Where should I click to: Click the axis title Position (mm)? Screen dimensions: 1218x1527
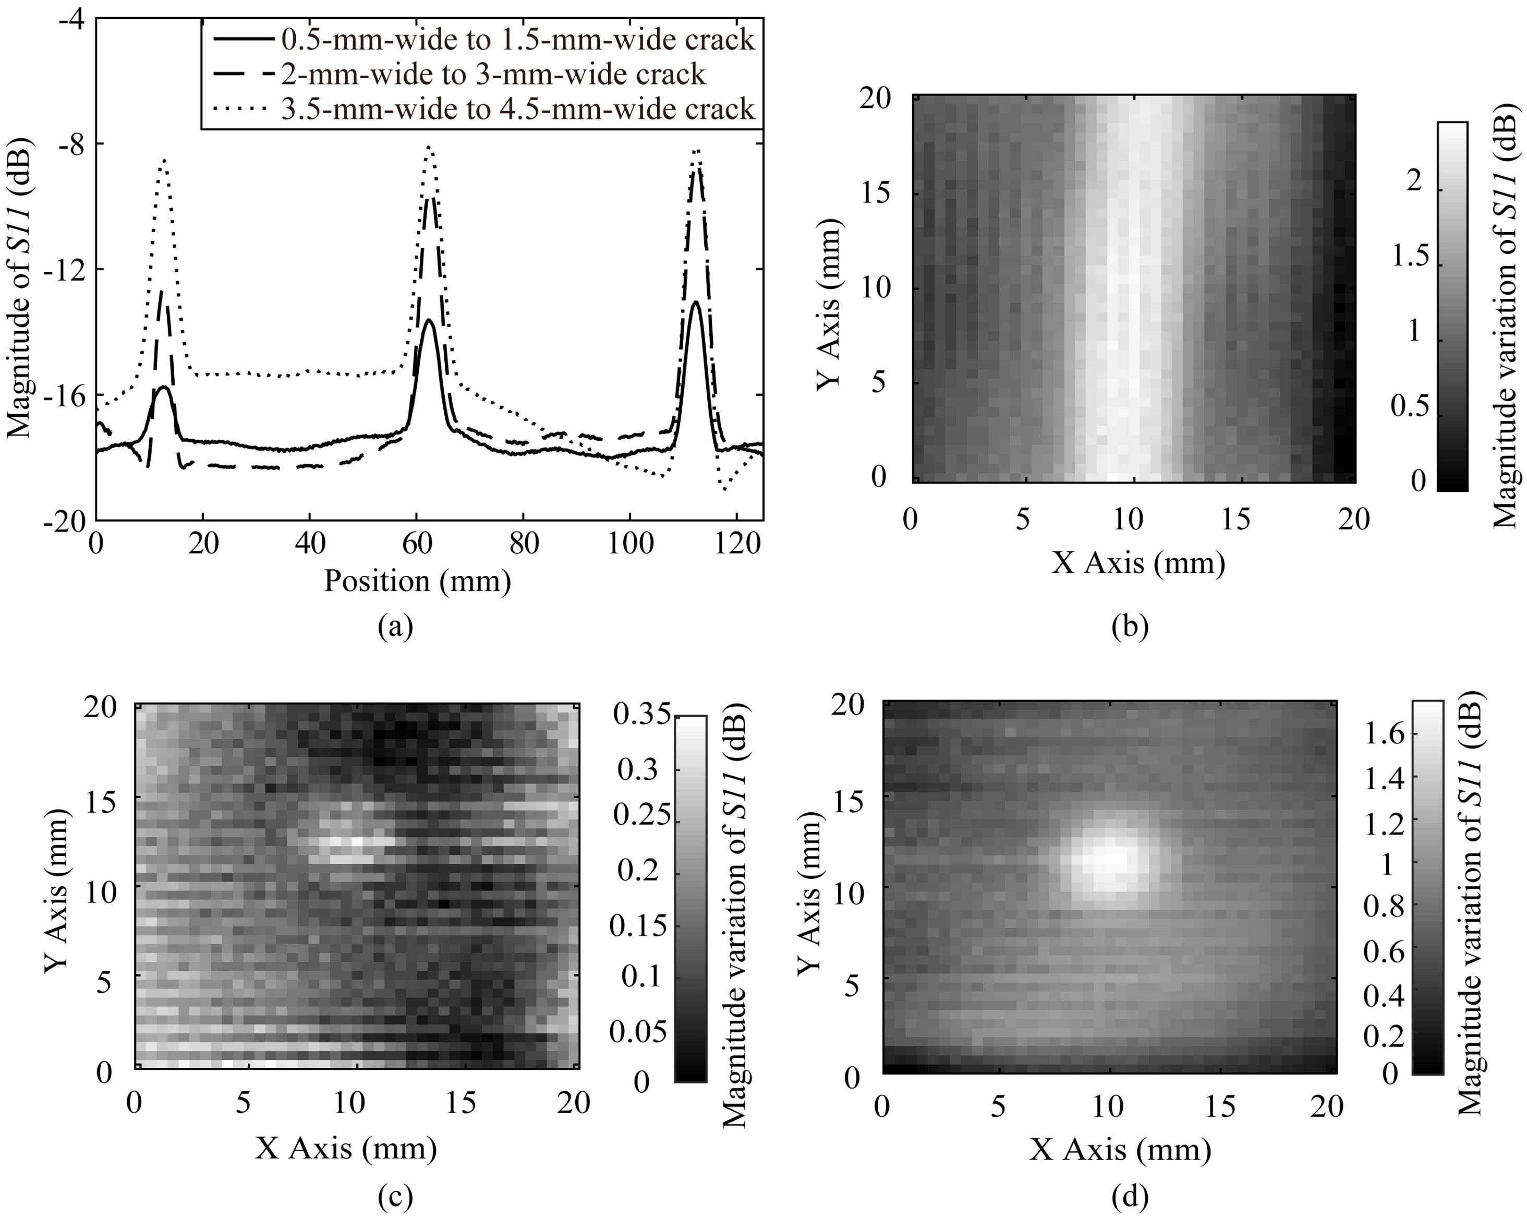coord(417,581)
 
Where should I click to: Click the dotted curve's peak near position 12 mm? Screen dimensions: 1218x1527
coord(164,160)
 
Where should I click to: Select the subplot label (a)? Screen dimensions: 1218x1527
coord(395,626)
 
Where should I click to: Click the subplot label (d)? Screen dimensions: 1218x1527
coord(1130,1197)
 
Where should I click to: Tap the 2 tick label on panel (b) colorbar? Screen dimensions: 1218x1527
coord(1414,182)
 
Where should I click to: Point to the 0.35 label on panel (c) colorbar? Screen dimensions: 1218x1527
coord(641,715)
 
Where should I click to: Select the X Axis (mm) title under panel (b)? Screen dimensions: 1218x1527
coord(1138,563)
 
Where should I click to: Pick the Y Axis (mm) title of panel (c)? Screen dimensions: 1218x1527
coord(57,889)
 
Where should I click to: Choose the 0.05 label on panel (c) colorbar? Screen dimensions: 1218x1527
coord(637,1032)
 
